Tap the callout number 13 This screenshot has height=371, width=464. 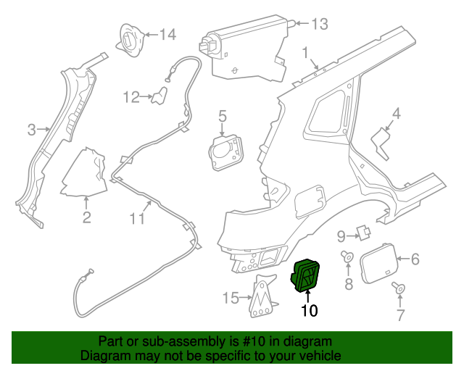pos(319,23)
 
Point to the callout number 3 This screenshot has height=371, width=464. pos(31,130)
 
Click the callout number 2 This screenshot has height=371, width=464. pos(86,217)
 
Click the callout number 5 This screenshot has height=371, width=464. pos(223,115)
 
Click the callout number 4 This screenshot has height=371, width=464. pos(397,113)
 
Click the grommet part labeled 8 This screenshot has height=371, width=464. pos(348,257)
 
